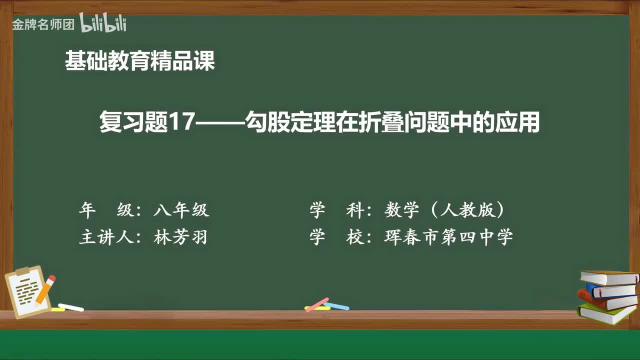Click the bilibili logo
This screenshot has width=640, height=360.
pos(103,23)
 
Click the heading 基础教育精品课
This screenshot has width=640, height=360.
pos(139,61)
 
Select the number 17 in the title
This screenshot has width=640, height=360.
pos(181,123)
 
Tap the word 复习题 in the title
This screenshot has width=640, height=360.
pos(133,123)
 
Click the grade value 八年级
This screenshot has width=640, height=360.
pos(181,210)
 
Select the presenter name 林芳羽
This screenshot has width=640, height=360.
pos(180,237)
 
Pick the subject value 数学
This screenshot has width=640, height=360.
pos(401,210)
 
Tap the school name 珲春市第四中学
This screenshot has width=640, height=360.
pos(448,237)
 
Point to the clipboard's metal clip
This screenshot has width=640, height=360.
pos(23,271)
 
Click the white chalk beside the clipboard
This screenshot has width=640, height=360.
pos(70,307)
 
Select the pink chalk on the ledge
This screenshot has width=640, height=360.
pos(316,304)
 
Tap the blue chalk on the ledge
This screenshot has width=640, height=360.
pos(336,306)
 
